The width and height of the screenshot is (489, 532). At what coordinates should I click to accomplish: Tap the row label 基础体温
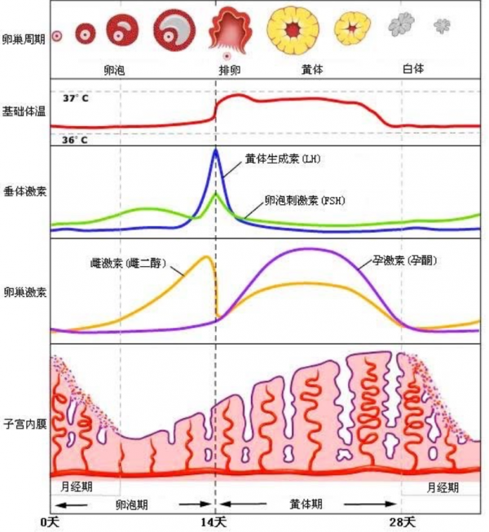coord(24,111)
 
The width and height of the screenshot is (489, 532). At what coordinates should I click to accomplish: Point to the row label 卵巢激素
coord(24,290)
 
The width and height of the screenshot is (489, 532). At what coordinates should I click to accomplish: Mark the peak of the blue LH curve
coord(215,150)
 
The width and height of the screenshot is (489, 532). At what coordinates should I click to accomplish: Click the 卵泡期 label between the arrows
coord(132,504)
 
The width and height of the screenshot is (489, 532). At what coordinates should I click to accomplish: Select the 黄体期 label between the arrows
coord(306,504)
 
